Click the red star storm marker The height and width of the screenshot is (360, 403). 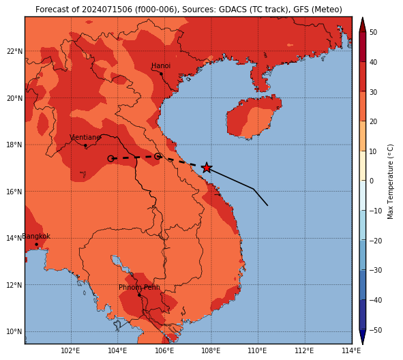pyautogui.click(x=207, y=168)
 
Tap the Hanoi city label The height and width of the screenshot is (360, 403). pyautogui.click(x=161, y=65)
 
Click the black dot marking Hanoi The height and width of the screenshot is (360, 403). pyautogui.click(x=161, y=74)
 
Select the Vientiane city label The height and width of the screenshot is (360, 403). pyautogui.click(x=85, y=138)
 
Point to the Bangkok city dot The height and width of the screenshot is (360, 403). pyautogui.click(x=37, y=244)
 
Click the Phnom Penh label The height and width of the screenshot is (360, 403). pyautogui.click(x=139, y=287)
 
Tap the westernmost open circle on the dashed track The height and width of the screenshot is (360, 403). pyautogui.click(x=110, y=159)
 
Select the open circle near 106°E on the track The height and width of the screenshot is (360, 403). pyautogui.click(x=158, y=156)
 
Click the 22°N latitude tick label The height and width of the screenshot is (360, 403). pyautogui.click(x=14, y=51)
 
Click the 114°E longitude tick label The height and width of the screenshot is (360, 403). pyautogui.click(x=351, y=350)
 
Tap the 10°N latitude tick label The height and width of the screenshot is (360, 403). pyautogui.click(x=14, y=332)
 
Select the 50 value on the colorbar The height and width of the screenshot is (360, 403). pyautogui.click(x=373, y=32)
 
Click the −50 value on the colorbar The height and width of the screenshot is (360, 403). pyautogui.click(x=375, y=330)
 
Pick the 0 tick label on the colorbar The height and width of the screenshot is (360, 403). pyautogui.click(x=372, y=181)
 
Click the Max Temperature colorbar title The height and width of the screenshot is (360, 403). pyautogui.click(x=390, y=181)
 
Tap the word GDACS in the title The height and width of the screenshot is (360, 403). pyautogui.click(x=230, y=10)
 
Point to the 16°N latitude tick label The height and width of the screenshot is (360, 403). pyautogui.click(x=14, y=192)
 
